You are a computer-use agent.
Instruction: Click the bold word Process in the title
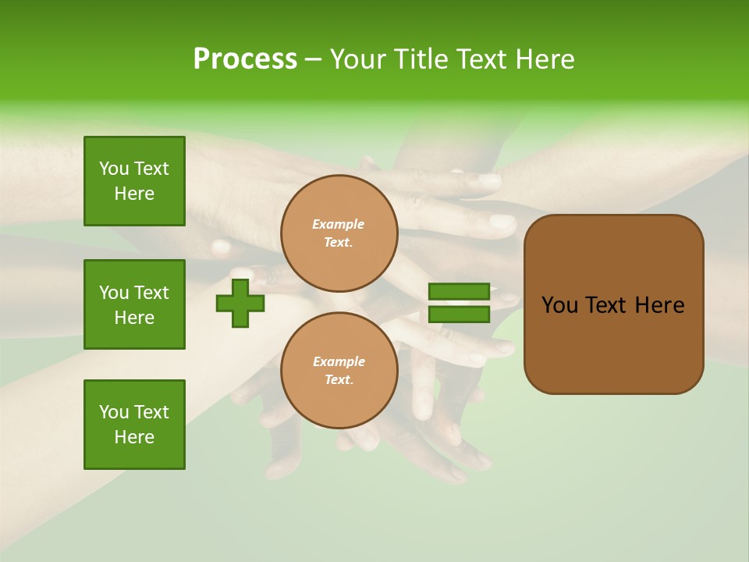(x=245, y=59)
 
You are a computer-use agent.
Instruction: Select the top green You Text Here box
(x=134, y=181)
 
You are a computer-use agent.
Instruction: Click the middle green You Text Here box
(x=134, y=304)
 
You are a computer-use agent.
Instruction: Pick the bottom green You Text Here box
(x=134, y=425)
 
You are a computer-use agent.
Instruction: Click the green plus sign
(x=240, y=303)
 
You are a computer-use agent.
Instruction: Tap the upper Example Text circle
(x=339, y=233)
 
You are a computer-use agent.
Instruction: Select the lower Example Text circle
(x=339, y=371)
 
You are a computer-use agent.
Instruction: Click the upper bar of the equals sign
(x=459, y=291)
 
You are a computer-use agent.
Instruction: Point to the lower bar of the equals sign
(x=459, y=315)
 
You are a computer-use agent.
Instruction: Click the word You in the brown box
(x=559, y=305)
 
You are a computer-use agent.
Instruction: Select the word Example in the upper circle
(x=339, y=224)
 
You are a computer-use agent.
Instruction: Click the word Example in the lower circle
(x=339, y=361)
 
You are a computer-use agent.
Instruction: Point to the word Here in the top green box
(x=134, y=194)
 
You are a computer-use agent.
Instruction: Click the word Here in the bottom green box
(x=134, y=437)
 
